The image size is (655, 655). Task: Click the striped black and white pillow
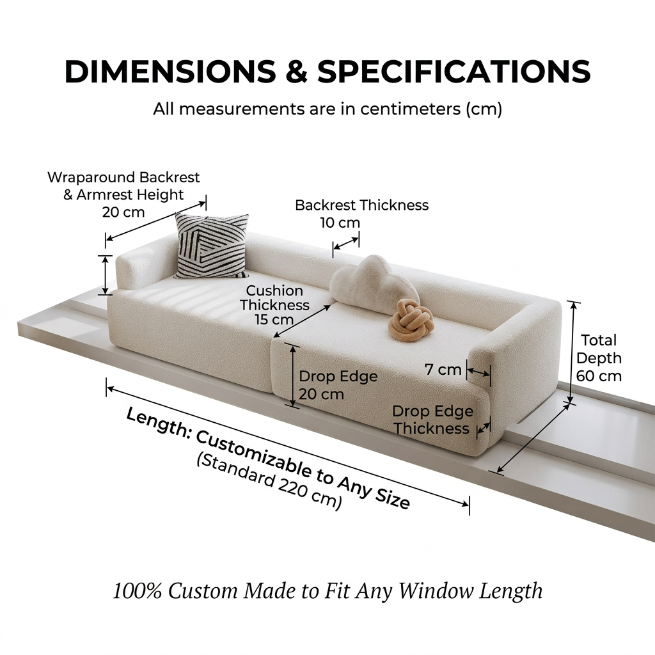click(x=212, y=246)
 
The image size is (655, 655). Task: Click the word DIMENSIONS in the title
click(x=170, y=72)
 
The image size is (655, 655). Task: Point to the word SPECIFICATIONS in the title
click(x=454, y=72)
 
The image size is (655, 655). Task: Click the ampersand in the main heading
click(x=296, y=72)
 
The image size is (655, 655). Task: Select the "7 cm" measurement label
click(x=443, y=370)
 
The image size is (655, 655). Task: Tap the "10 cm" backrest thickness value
click(x=340, y=223)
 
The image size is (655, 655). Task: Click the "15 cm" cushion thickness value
click(x=274, y=320)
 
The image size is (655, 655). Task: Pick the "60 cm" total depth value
click(x=599, y=376)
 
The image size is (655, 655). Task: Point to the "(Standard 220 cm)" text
click(x=270, y=482)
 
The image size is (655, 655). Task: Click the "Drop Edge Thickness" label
click(x=432, y=420)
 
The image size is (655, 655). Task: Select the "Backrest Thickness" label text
click(x=362, y=205)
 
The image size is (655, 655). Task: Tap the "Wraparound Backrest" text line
click(x=123, y=177)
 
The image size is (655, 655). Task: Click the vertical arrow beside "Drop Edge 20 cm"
click(x=292, y=375)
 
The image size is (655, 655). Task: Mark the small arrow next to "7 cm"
click(x=478, y=372)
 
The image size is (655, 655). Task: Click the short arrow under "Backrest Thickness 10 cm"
click(x=346, y=244)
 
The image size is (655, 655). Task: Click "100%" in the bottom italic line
click(x=137, y=591)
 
